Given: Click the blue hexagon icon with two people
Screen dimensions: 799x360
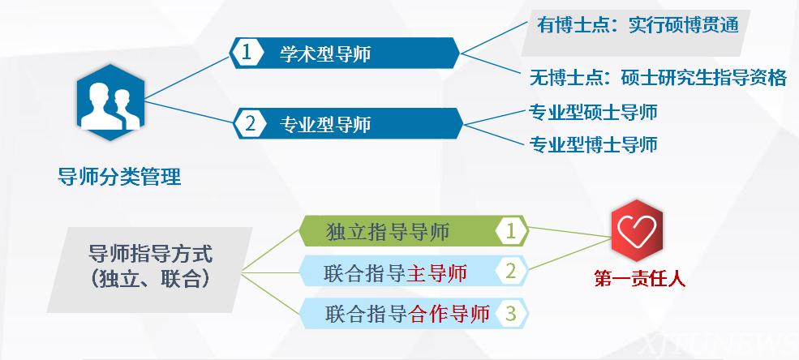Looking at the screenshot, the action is (x=110, y=102).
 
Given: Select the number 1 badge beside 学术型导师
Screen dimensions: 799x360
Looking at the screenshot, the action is (x=247, y=53).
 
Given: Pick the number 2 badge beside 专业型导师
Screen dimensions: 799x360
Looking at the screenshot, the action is (x=249, y=124).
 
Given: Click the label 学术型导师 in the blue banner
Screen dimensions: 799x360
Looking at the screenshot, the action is (x=325, y=54).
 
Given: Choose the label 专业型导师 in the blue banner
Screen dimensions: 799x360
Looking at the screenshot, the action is (x=325, y=124).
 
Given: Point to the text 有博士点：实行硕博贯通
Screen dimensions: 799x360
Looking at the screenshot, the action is (x=638, y=25).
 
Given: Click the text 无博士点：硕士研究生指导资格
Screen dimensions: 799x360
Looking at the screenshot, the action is (x=658, y=78).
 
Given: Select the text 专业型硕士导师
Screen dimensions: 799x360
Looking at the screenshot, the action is (x=593, y=112).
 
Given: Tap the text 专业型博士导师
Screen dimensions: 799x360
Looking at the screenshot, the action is (x=593, y=144).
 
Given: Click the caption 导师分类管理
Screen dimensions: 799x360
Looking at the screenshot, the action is (x=119, y=177).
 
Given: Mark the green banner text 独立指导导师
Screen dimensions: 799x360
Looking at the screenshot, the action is (x=387, y=232).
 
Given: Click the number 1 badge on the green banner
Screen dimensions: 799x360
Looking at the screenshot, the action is (x=511, y=232).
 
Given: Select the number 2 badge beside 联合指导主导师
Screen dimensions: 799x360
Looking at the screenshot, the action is (x=511, y=272).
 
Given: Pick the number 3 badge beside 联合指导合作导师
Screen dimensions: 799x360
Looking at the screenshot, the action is (x=511, y=313).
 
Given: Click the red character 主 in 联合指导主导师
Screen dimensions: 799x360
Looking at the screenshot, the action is (x=418, y=273).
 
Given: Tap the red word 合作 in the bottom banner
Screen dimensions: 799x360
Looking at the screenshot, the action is (x=428, y=313).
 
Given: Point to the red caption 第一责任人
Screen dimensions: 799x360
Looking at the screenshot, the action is (x=639, y=279).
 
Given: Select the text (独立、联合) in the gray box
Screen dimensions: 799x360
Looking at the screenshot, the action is (x=151, y=279).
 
